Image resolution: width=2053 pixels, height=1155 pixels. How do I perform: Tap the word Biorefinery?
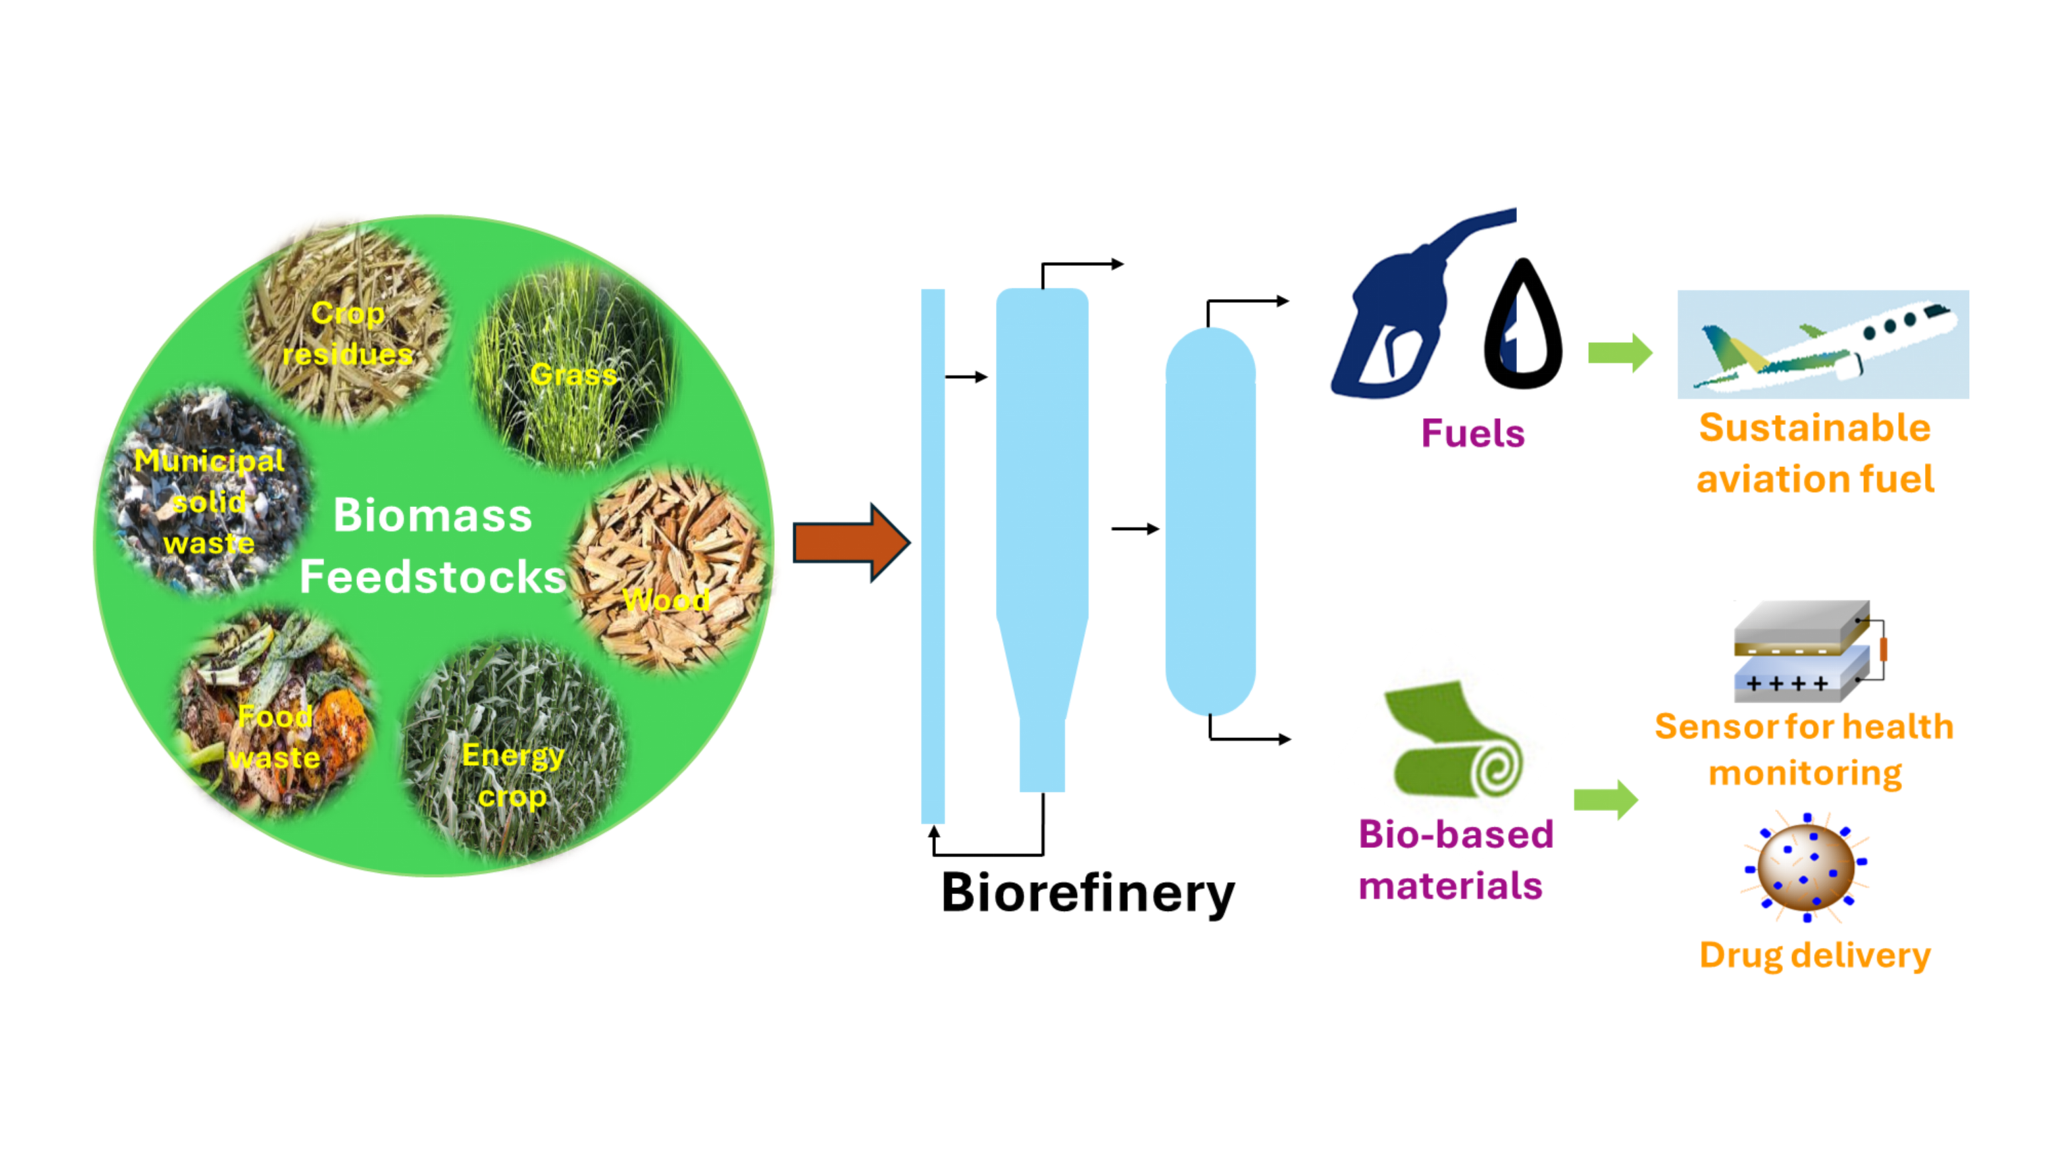pos(1088,894)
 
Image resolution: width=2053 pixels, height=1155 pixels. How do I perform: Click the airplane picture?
pos(1823,344)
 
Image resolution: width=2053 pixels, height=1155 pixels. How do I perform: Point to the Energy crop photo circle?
pos(514,749)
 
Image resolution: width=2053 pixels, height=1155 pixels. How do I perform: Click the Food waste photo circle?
pos(275,713)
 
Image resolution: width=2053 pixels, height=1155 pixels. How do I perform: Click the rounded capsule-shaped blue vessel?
pos(1210,522)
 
